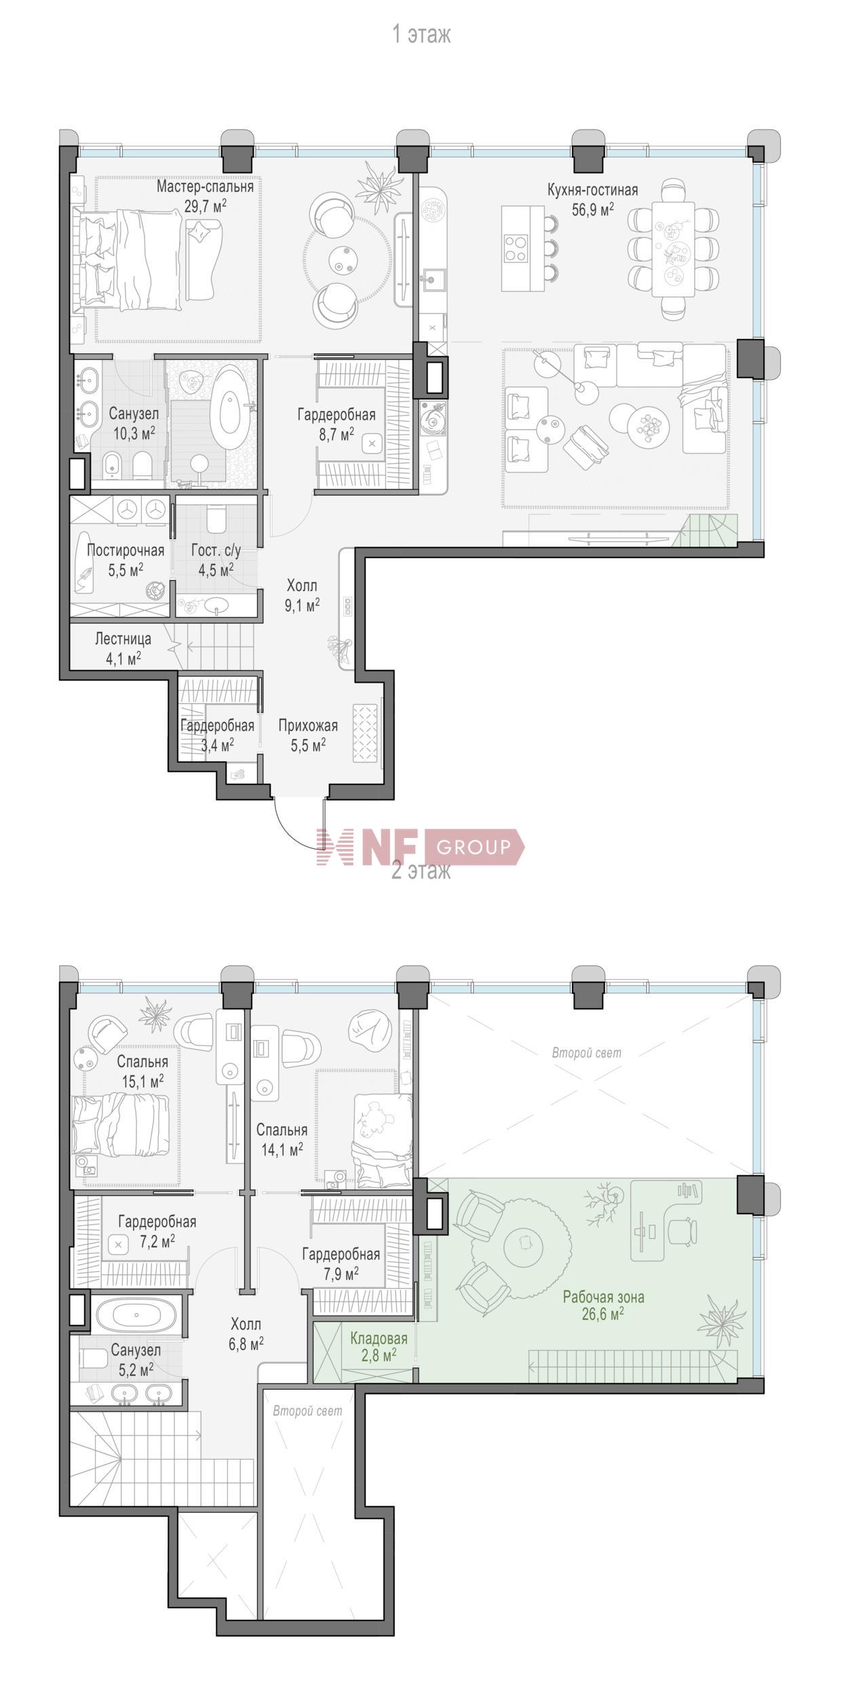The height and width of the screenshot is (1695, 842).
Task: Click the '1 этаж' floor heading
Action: tap(421, 35)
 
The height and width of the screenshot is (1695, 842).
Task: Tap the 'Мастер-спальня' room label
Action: tap(206, 186)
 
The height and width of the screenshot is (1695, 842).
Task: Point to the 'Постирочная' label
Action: tap(126, 550)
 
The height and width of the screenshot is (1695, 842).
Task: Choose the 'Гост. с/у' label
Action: tap(216, 551)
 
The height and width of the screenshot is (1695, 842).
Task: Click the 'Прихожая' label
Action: tap(308, 725)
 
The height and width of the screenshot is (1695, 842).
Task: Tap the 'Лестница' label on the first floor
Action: tap(123, 639)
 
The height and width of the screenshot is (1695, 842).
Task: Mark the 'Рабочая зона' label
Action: tap(604, 1297)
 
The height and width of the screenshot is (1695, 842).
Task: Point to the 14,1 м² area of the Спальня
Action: tap(282, 1148)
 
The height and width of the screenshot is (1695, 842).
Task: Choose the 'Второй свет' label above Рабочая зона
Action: tap(586, 1053)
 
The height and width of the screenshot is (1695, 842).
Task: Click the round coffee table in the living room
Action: tap(648, 424)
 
